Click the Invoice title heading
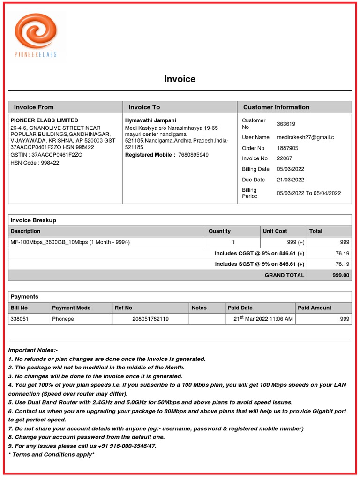(x=180, y=79)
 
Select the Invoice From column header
(x=34, y=107)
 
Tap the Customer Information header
(x=276, y=107)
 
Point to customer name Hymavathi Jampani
(x=150, y=120)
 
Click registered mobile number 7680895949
(x=194, y=155)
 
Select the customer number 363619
(x=286, y=124)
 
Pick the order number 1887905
(x=287, y=148)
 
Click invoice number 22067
(x=285, y=158)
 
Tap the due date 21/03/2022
(x=290, y=180)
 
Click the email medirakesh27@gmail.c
(x=305, y=137)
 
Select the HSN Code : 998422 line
(x=35, y=163)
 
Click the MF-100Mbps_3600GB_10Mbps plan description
(x=70, y=242)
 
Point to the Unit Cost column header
(x=275, y=231)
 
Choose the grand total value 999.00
(x=341, y=275)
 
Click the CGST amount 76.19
(x=342, y=253)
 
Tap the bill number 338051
(x=19, y=319)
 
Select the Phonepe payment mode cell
(x=63, y=319)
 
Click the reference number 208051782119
(x=150, y=319)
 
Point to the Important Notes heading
(x=33, y=350)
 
